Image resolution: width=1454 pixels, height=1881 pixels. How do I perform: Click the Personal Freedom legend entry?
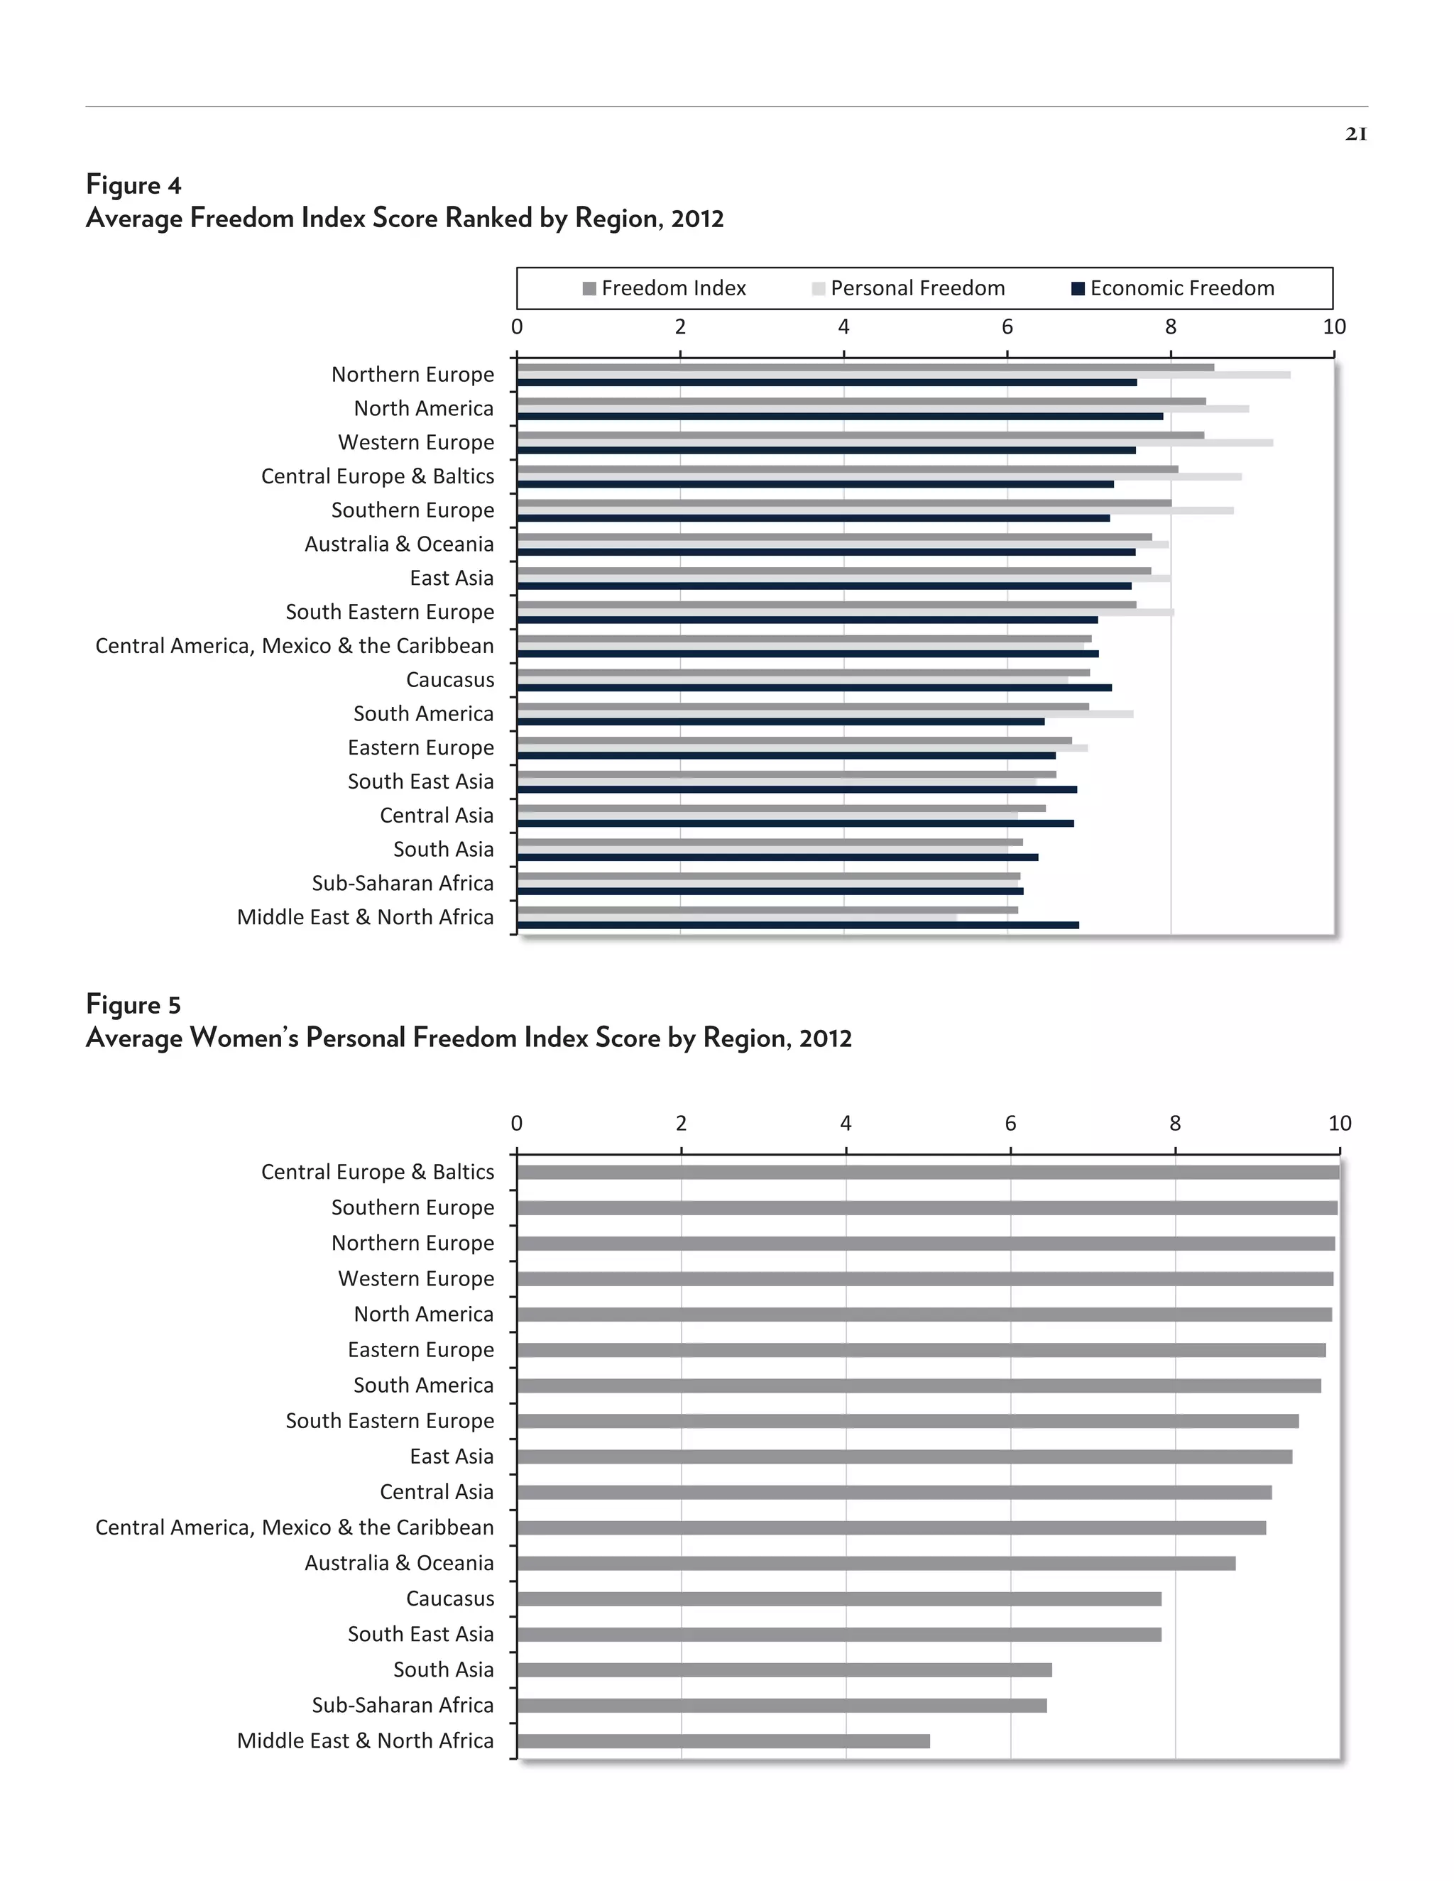(x=909, y=288)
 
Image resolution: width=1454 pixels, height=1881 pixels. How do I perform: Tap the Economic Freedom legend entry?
(x=1172, y=288)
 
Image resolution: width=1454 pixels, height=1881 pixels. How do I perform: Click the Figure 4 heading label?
(x=133, y=185)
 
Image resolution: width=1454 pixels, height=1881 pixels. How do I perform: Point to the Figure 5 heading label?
(x=133, y=1005)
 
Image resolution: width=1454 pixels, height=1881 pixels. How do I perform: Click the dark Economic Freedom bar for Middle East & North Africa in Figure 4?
(x=797, y=925)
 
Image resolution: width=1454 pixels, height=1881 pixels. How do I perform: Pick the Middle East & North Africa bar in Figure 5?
(x=723, y=1740)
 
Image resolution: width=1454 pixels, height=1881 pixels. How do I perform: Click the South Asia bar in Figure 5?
(x=784, y=1670)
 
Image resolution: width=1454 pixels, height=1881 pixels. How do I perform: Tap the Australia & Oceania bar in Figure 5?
(x=876, y=1563)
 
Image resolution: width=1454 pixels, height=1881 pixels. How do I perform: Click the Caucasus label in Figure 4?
(x=449, y=681)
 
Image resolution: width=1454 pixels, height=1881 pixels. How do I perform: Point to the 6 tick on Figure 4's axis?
(x=1007, y=327)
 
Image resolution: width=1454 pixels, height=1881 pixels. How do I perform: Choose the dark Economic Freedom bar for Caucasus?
(x=814, y=687)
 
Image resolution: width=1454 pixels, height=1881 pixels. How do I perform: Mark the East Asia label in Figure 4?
(x=452, y=578)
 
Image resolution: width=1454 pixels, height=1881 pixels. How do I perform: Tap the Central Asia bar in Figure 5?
(x=894, y=1492)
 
